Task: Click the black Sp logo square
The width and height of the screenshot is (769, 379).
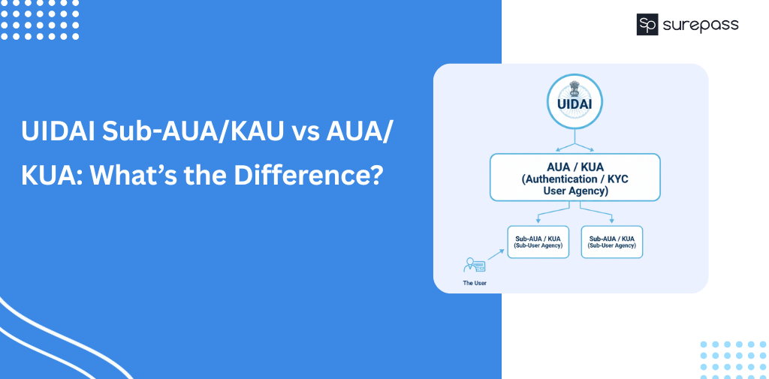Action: point(647,25)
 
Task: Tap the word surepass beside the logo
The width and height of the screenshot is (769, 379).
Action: point(701,25)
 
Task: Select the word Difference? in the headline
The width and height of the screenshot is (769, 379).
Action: point(307,176)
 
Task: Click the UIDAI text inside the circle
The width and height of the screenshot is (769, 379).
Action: point(574,104)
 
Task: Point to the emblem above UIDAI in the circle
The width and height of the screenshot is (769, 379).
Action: point(574,89)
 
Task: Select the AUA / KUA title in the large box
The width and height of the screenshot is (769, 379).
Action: point(575,166)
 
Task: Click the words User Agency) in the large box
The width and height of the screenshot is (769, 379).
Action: point(575,191)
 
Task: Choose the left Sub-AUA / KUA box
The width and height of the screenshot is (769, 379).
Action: point(538,242)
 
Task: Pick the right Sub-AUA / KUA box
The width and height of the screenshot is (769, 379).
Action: point(611,242)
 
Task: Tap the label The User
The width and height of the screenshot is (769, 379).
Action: point(475,283)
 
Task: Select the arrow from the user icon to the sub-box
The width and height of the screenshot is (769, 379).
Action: point(496,254)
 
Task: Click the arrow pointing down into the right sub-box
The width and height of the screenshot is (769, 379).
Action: point(596,212)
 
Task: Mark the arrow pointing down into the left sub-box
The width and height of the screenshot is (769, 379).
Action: point(553,212)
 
